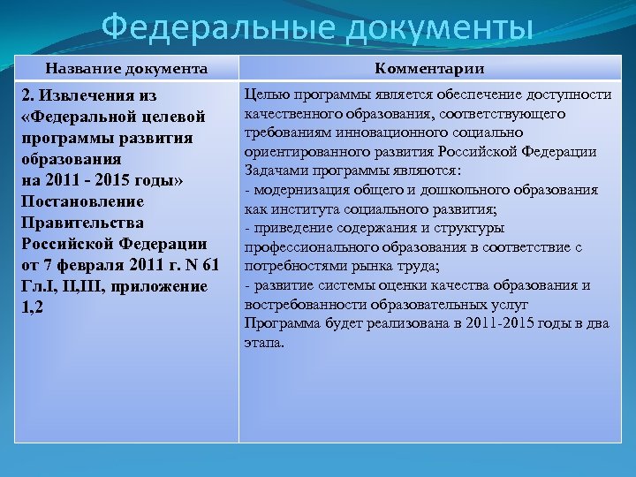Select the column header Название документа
(x=127, y=68)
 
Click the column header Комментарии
(x=429, y=68)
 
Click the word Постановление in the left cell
(x=81, y=201)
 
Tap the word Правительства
(x=81, y=223)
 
